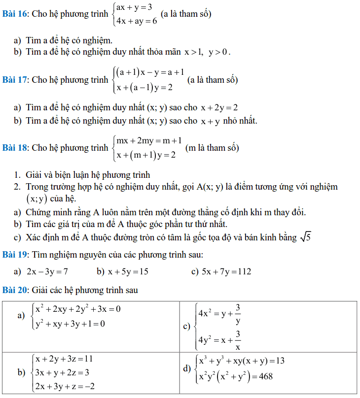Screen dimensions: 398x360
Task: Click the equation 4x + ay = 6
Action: (137, 21)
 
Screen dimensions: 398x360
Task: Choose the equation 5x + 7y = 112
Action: (226, 271)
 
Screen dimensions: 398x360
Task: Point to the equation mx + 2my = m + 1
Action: (149, 141)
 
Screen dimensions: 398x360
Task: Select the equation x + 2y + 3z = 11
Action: (64, 359)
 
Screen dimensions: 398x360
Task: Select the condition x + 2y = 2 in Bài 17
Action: (219, 107)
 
